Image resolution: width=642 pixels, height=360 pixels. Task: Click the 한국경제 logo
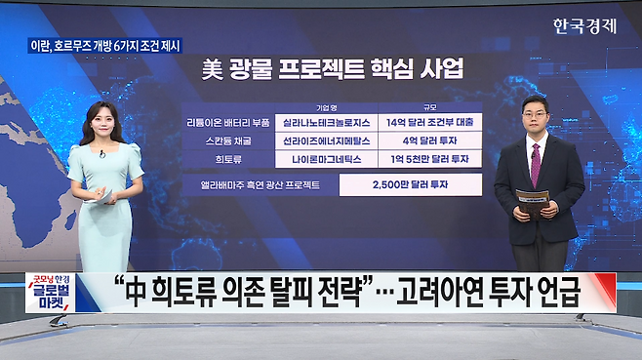coord(584,26)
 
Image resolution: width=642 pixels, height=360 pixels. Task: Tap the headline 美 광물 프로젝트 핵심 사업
coord(333,69)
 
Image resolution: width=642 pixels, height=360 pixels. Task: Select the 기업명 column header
coord(326,107)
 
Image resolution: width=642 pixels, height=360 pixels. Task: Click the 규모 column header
coord(430,107)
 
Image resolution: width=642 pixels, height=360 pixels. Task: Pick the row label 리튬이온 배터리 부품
coord(228,123)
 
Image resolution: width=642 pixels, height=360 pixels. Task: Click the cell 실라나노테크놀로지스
coord(326,123)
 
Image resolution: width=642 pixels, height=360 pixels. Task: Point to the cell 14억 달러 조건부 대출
coord(430,123)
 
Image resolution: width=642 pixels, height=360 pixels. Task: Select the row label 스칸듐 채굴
coord(228,140)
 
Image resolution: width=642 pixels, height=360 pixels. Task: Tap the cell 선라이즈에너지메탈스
coord(326,140)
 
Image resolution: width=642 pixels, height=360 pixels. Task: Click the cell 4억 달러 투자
coord(430,140)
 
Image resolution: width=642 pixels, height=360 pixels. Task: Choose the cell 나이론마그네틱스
coord(326,159)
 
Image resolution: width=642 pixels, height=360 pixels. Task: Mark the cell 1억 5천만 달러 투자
coord(430,159)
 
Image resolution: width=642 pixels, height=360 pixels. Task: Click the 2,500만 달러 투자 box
coord(411,184)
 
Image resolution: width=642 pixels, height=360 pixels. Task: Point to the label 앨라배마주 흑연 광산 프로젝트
coord(260,185)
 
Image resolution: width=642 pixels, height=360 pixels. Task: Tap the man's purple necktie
coord(536,165)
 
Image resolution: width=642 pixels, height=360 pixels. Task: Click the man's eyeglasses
coord(535,115)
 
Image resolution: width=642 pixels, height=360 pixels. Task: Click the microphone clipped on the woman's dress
coord(101,154)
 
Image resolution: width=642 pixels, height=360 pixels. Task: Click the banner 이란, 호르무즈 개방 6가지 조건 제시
coord(105,46)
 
